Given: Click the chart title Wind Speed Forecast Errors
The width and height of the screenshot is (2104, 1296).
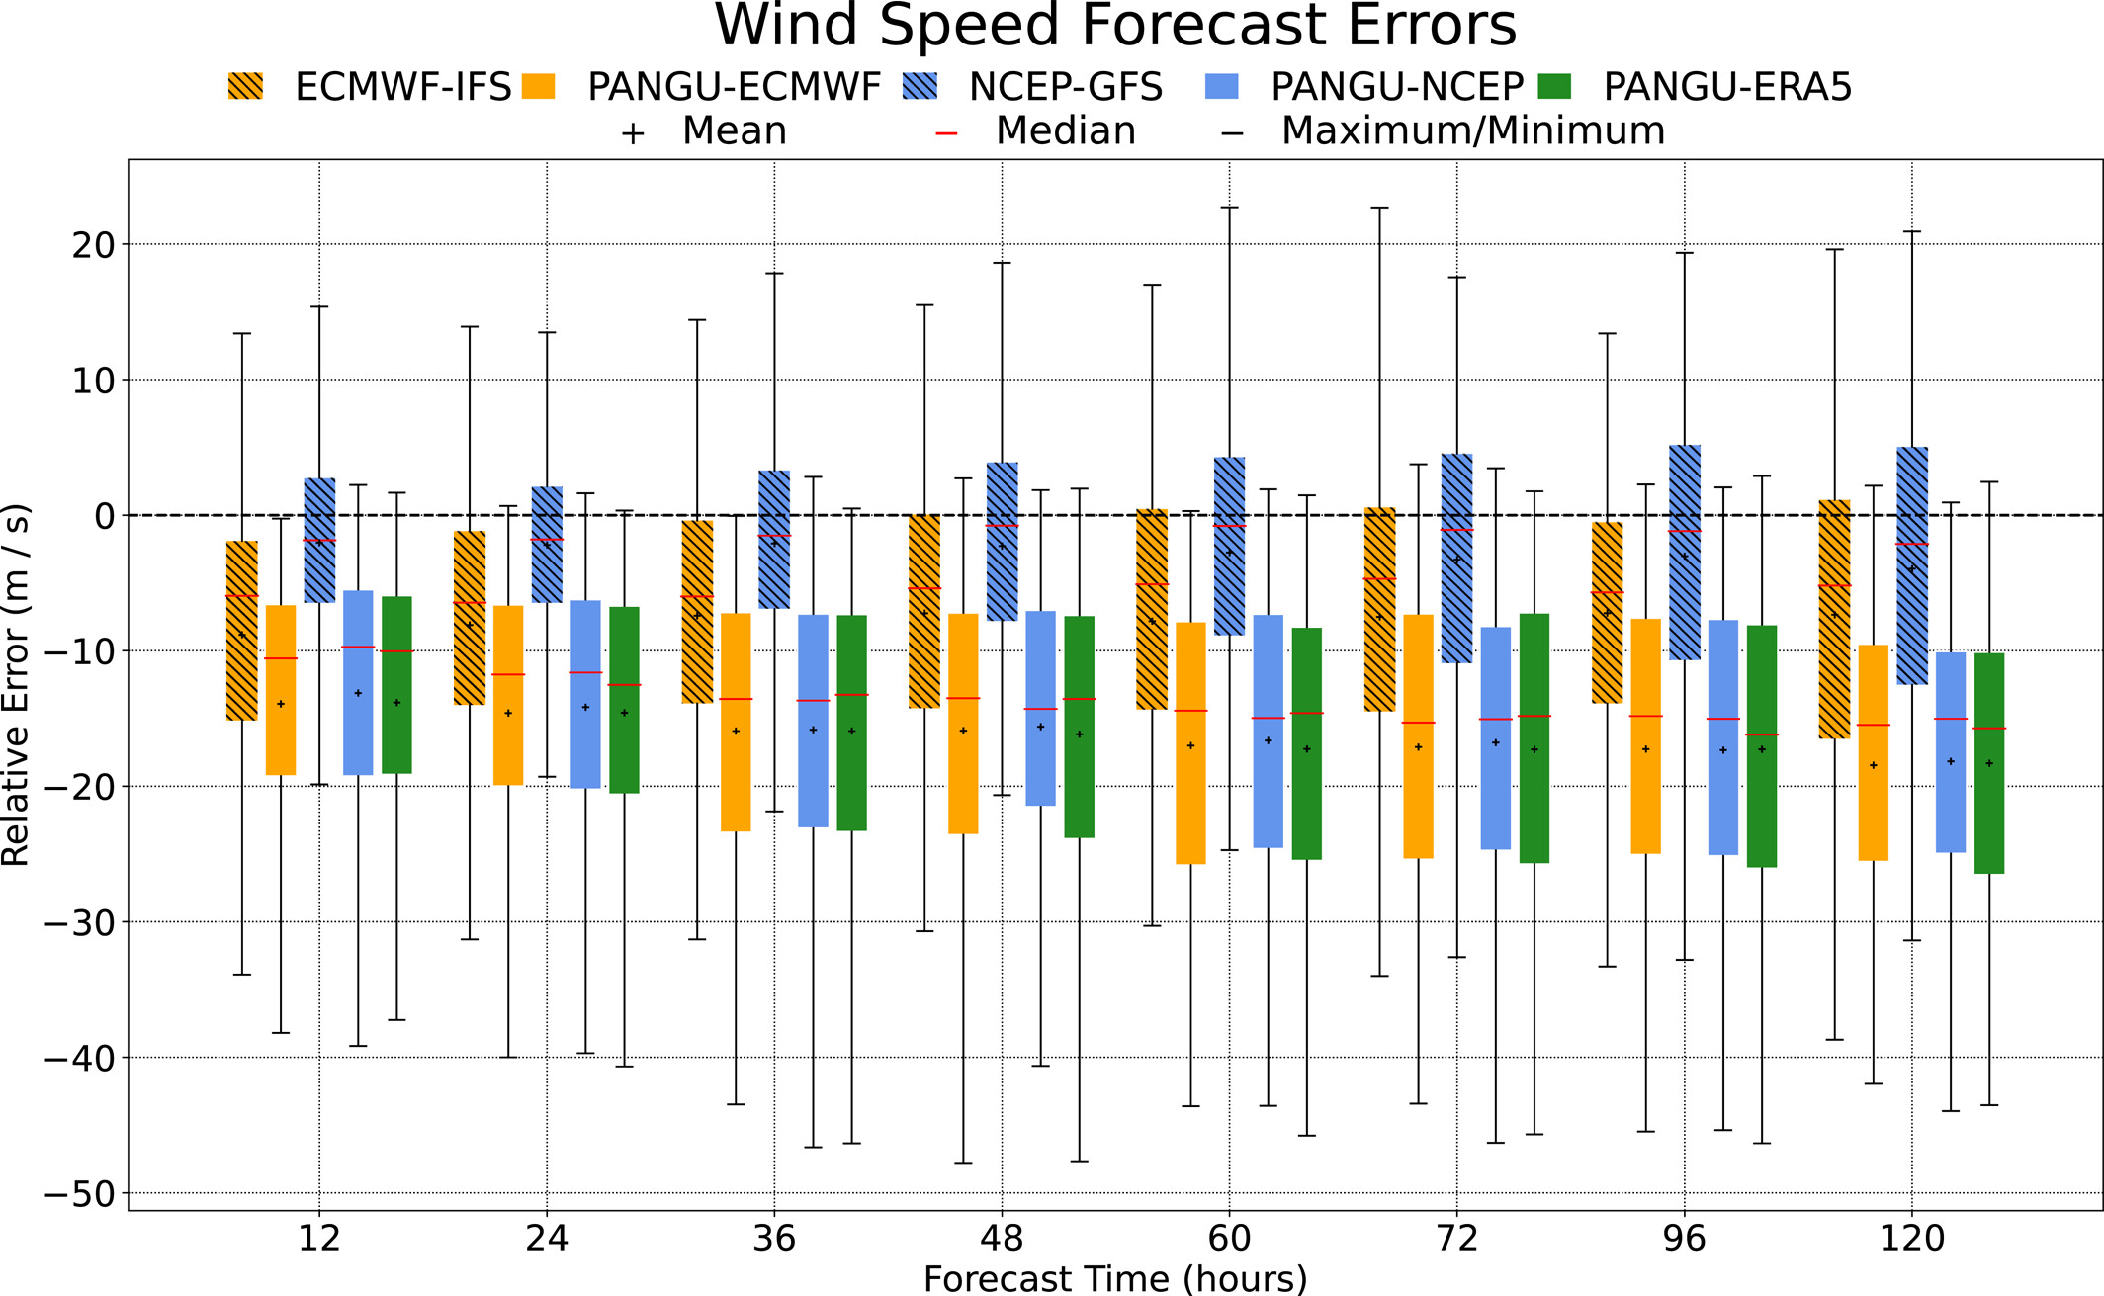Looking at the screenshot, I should coord(1114,26).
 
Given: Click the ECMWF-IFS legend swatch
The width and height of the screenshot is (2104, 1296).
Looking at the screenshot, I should coord(245,87).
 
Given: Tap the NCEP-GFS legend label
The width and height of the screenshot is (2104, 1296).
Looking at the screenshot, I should coord(1065,88).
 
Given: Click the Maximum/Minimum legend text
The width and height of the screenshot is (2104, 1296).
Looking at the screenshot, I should coord(1472,131).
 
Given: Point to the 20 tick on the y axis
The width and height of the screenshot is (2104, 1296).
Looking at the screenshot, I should coord(93,244).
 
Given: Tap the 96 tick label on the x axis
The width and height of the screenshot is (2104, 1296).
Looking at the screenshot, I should coord(1684,1238).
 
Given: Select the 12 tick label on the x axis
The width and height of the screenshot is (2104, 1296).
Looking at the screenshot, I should coord(319,1238).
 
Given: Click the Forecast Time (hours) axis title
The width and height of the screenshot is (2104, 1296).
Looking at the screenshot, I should coord(1114,1278).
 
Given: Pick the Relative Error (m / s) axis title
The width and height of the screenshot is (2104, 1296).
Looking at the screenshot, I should coord(17,685).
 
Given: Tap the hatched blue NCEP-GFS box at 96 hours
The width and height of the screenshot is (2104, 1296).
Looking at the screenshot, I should coord(1685,553).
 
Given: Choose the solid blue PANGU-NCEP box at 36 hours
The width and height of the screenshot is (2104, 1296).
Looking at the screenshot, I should coord(813,721).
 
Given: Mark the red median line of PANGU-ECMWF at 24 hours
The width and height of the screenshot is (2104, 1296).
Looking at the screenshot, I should coord(508,674).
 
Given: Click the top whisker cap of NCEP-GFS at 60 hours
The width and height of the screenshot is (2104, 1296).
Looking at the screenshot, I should coord(1229,208).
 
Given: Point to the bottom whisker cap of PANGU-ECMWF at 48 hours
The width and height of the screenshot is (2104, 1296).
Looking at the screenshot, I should coord(963,1163).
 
